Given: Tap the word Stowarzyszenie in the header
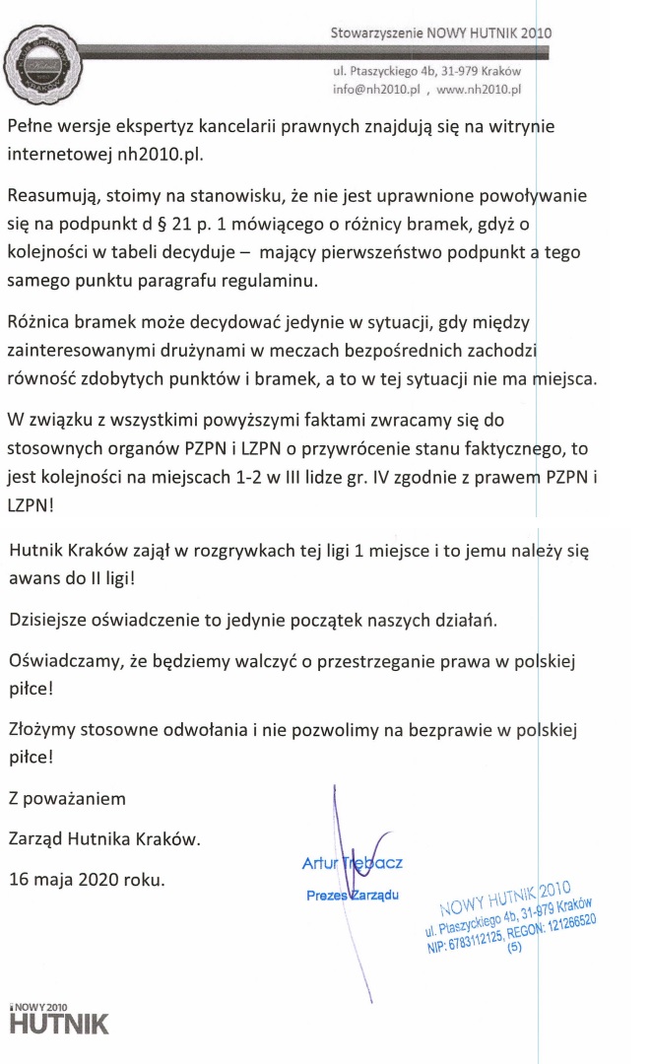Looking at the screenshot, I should click(377, 33).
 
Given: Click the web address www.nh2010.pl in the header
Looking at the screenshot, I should click(478, 89).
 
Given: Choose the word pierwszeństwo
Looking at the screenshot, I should click(387, 253).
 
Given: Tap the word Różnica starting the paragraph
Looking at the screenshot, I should click(40, 321).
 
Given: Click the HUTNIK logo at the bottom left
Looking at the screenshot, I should click(59, 1022).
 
